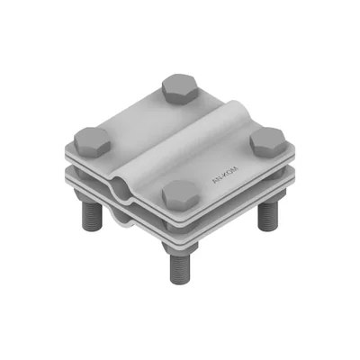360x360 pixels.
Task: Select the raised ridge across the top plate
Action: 180,139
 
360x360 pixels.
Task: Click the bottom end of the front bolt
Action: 179,280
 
